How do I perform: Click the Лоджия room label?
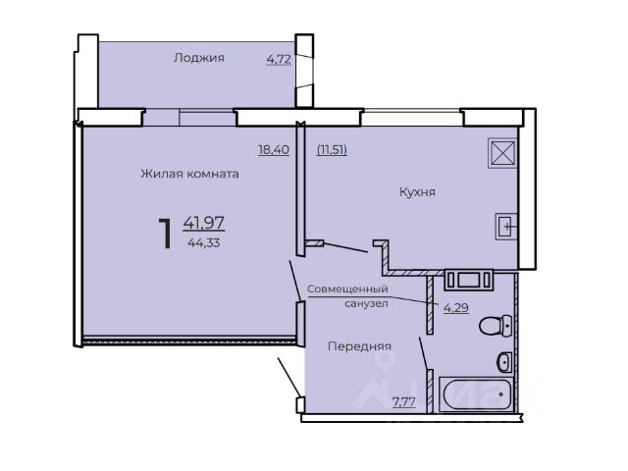tap(198, 58)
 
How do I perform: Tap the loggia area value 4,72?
tap(279, 60)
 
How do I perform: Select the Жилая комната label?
tap(189, 174)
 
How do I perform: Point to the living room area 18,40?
tap(274, 150)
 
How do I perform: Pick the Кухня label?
tap(417, 192)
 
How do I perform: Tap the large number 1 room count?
tap(165, 234)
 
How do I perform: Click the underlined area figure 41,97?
tap(204, 223)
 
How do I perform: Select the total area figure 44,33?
tap(204, 242)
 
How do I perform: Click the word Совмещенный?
tap(347, 288)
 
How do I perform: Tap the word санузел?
tap(366, 303)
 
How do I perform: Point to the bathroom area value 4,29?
tap(455, 307)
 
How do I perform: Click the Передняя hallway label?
tap(359, 346)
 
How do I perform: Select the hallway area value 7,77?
tap(403, 401)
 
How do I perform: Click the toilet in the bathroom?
tap(496, 325)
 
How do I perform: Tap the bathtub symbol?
tap(476, 394)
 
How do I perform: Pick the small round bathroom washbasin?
tap(504, 362)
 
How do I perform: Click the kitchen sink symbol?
tap(506, 227)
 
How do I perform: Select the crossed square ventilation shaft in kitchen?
tap(503, 152)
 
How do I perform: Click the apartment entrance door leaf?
tap(289, 377)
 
